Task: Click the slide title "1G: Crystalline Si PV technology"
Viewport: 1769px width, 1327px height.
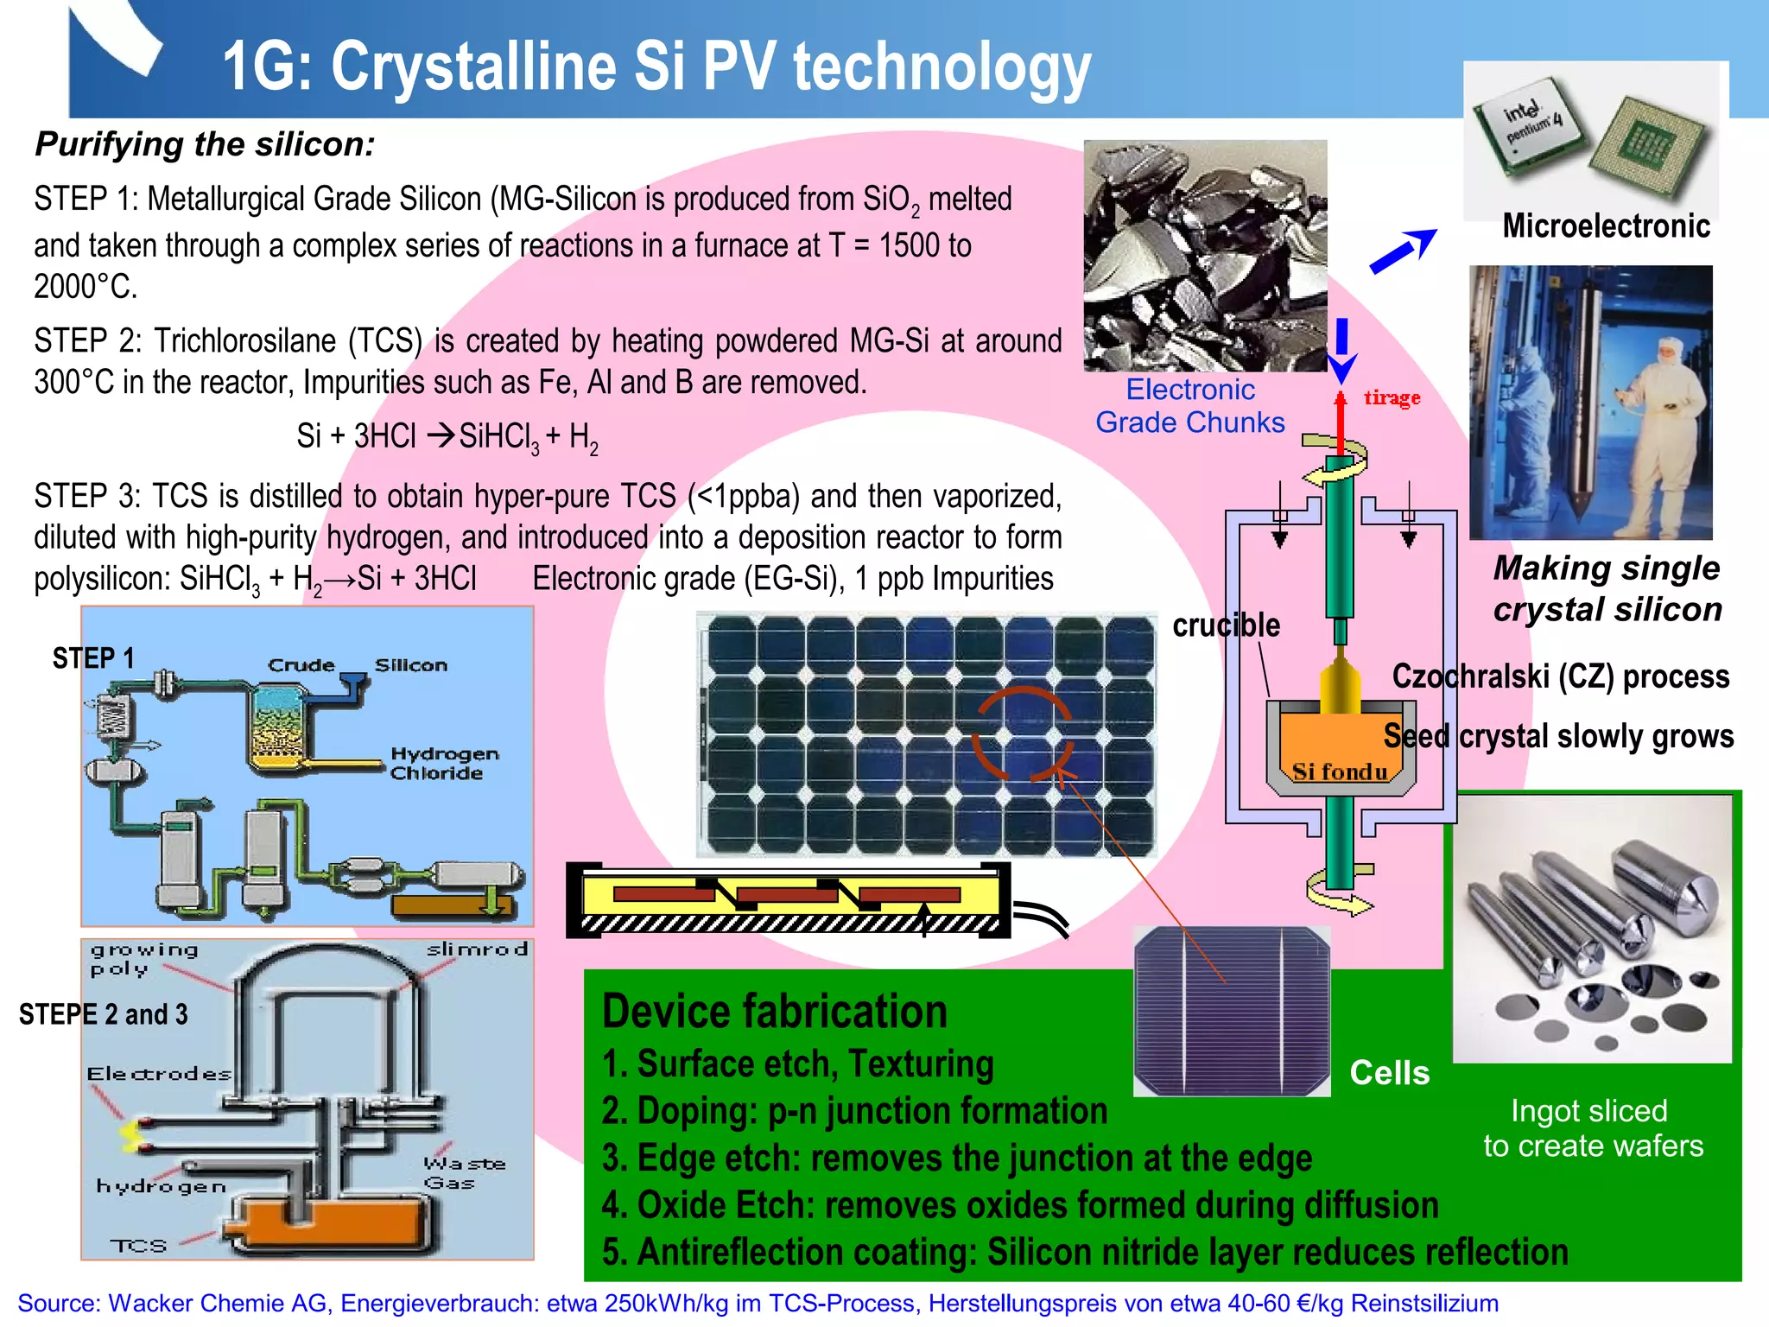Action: (x=656, y=67)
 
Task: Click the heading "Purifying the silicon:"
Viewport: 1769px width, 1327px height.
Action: (x=205, y=144)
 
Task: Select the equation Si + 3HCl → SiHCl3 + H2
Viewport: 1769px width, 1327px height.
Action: (x=447, y=436)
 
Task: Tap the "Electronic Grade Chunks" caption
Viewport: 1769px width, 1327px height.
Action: (x=1190, y=406)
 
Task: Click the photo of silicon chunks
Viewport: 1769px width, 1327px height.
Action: (x=1205, y=256)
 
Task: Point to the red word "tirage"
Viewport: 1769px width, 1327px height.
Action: (x=1392, y=397)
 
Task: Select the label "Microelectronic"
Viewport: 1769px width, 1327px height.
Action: (x=1606, y=226)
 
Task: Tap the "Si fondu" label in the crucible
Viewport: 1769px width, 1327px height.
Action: (x=1340, y=771)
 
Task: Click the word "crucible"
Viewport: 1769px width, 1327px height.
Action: (x=1226, y=625)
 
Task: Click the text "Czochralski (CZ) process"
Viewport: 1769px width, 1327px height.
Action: (x=1560, y=676)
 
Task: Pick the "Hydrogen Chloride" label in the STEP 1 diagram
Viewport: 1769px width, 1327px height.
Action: (x=444, y=764)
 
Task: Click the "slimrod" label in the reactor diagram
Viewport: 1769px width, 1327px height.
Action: (x=477, y=949)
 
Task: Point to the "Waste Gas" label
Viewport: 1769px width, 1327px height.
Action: (x=464, y=1173)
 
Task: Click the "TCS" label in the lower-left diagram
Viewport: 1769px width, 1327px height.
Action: (x=138, y=1246)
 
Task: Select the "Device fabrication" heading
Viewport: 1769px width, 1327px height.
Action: (x=775, y=1012)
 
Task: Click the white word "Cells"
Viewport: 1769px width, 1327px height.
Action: (x=1389, y=1073)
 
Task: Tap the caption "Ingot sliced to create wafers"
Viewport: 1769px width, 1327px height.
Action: (x=1593, y=1128)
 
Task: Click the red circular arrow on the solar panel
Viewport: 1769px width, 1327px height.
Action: (x=1022, y=733)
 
